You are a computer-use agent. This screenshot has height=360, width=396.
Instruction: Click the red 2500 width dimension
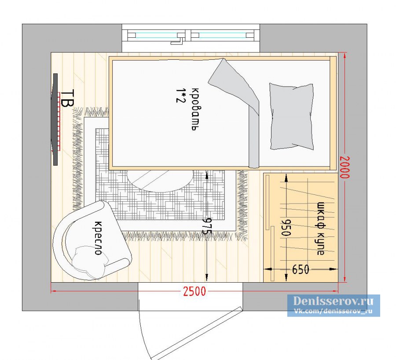tap(194, 291)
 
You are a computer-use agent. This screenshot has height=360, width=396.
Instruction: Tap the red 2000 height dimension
tap(345, 167)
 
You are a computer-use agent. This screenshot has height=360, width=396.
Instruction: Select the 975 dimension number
tap(207, 226)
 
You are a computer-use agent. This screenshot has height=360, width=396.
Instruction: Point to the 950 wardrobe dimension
tap(286, 227)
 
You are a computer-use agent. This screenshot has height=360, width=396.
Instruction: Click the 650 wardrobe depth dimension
tap(301, 269)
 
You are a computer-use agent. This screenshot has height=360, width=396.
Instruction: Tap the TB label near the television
tap(67, 98)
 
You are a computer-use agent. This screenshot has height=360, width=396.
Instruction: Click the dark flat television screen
tap(55, 119)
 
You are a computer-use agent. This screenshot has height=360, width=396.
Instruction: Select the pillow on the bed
tap(292, 116)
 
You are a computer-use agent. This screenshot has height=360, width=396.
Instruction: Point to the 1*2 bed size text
tap(180, 95)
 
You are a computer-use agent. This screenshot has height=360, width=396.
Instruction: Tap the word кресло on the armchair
tap(98, 238)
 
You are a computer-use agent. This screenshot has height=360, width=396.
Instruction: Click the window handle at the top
tap(178, 40)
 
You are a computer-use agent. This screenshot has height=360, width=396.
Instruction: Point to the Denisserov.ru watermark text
tap(333, 301)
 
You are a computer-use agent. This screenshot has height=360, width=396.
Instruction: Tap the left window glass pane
tap(157, 35)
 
